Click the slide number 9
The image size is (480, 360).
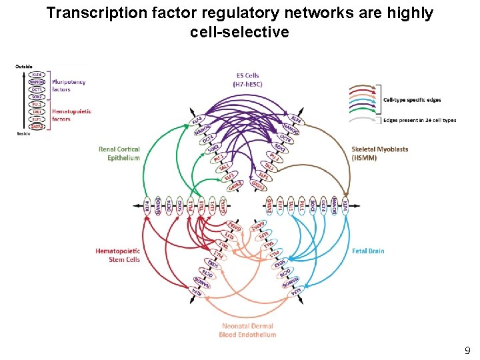tap(467, 350)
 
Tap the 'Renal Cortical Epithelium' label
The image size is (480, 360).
tap(119, 154)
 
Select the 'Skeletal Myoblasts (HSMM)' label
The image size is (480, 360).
tap(380, 153)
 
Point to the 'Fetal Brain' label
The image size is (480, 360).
tap(368, 251)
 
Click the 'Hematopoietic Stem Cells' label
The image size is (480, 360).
tap(118, 255)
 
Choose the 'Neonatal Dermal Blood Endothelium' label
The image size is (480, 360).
tap(247, 330)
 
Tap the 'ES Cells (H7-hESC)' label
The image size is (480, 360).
tap(247, 80)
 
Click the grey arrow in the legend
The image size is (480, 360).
tap(363, 119)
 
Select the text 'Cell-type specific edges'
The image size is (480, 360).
tap(412, 100)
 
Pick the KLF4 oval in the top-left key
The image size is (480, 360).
tap(37, 74)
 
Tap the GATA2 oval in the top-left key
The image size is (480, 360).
tap(37, 126)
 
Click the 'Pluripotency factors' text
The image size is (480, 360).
tap(69, 85)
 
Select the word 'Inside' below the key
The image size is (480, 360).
tap(23, 134)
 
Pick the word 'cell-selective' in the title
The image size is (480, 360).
tap(239, 31)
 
